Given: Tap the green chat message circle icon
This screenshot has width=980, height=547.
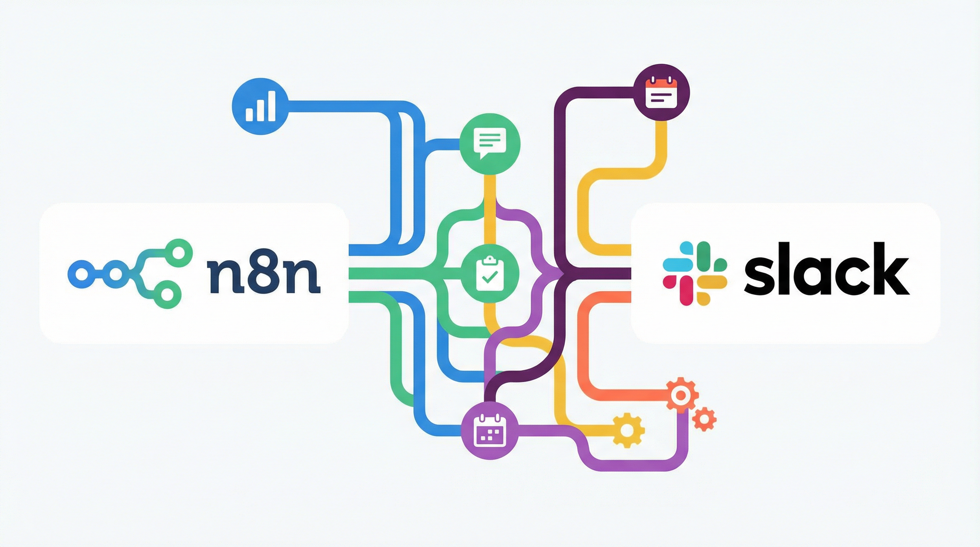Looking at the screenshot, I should coord(490,145).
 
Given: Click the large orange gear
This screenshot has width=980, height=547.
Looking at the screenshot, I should coord(681,396).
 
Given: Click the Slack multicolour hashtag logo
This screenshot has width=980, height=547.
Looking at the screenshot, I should coord(695,273).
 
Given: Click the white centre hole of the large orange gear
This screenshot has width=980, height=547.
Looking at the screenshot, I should coord(681,396).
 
